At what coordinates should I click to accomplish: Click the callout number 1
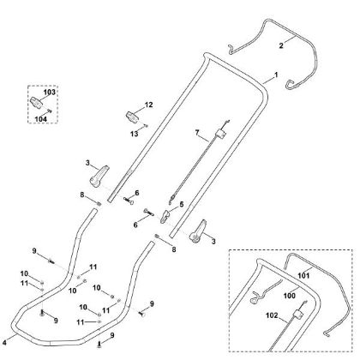[x=276, y=75]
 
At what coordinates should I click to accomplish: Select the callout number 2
[x=281, y=45]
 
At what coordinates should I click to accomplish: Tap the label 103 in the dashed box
[x=50, y=93]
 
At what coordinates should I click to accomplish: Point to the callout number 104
[x=40, y=119]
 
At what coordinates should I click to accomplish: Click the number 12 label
[x=149, y=105]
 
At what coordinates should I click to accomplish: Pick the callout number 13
[x=135, y=134]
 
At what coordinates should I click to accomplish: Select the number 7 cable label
[x=197, y=133]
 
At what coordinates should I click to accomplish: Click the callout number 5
[x=182, y=205]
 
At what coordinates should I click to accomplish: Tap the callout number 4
[x=4, y=343]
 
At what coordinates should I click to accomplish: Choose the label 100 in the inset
[x=289, y=296]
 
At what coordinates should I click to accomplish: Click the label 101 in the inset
[x=303, y=276]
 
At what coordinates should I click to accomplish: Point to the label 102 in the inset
[x=272, y=315]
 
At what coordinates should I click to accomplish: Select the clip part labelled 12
[x=133, y=117]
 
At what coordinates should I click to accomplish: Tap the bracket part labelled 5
[x=165, y=217]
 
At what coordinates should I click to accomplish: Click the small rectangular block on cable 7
[x=220, y=134]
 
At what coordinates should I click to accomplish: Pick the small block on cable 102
[x=298, y=315]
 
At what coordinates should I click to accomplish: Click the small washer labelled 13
[x=147, y=126]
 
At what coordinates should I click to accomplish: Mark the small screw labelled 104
[x=50, y=111]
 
